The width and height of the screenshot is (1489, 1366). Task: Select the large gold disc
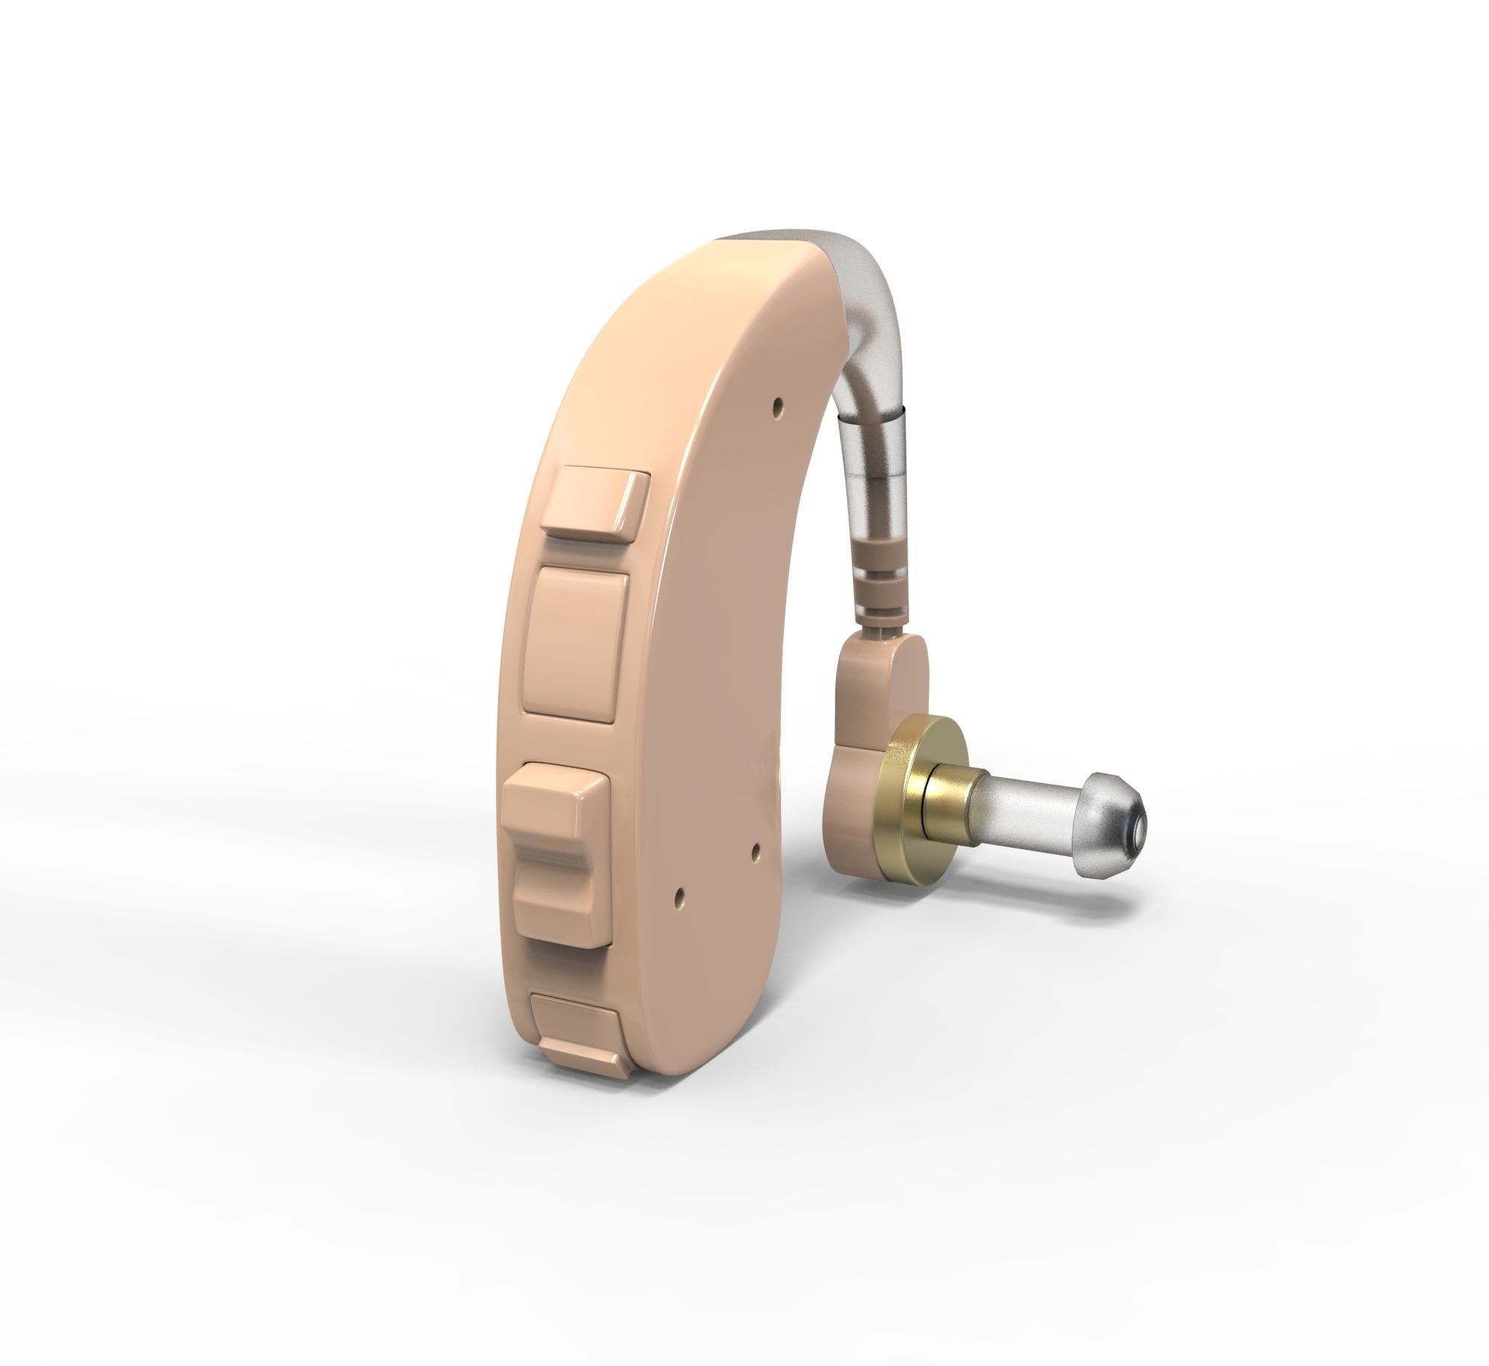(905, 789)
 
